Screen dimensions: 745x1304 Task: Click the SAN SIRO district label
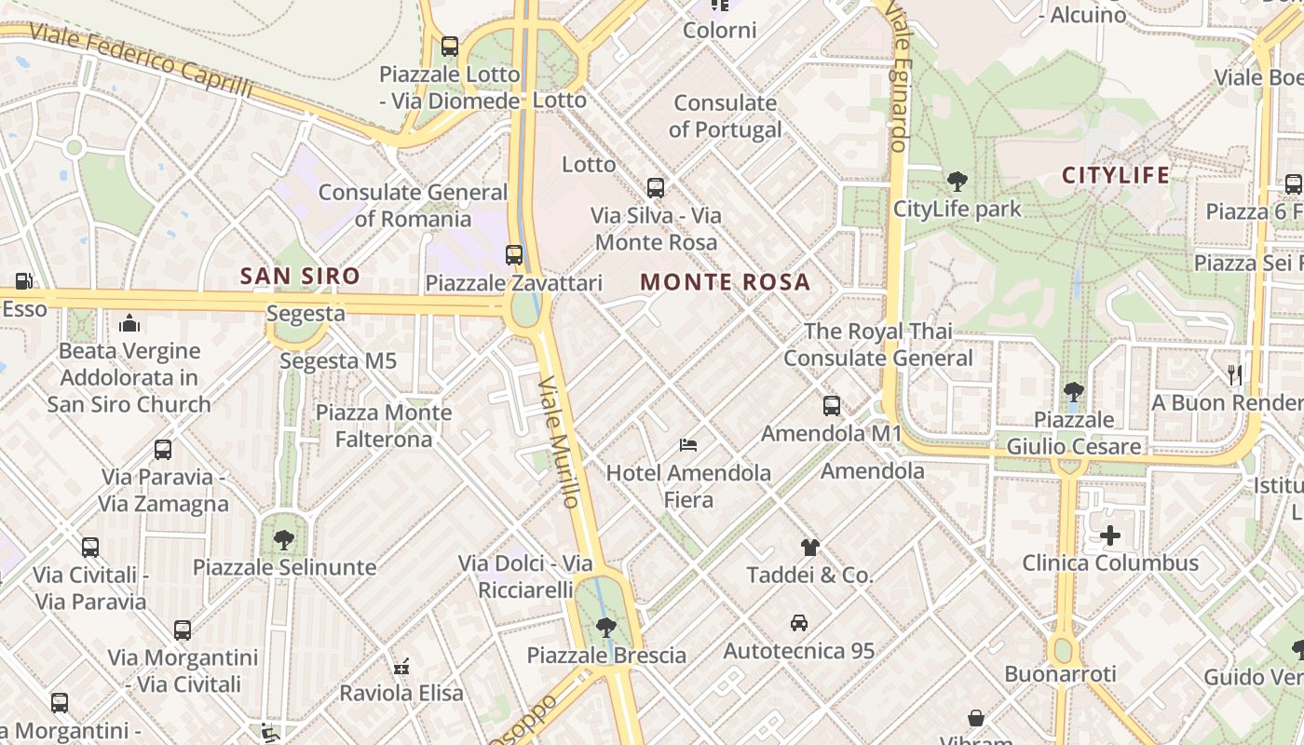tap(299, 276)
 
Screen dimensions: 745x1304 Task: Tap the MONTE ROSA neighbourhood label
tap(726, 282)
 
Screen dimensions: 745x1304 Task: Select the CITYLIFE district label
tap(1116, 175)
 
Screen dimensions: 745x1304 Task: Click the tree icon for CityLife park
tap(957, 182)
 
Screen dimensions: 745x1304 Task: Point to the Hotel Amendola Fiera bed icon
tap(688, 445)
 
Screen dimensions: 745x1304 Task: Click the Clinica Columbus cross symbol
tap(1110, 535)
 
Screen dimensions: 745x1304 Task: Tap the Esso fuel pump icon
tap(23, 280)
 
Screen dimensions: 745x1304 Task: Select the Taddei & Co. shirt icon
tap(809, 548)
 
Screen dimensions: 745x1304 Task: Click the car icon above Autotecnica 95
tap(799, 622)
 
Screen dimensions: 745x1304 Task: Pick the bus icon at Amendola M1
tap(832, 406)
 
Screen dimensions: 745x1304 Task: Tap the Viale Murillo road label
tap(559, 441)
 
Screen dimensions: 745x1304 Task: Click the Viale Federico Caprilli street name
tap(141, 61)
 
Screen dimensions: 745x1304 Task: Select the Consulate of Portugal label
tap(726, 116)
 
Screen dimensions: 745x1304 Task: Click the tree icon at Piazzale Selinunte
tap(284, 539)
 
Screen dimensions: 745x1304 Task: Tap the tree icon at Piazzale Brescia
tap(606, 628)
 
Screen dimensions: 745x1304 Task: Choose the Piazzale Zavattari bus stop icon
tap(514, 254)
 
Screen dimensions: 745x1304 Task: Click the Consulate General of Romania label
tap(413, 206)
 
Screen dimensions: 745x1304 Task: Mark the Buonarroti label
tap(1060, 673)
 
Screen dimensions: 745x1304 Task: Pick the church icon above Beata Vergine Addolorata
tap(129, 323)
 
